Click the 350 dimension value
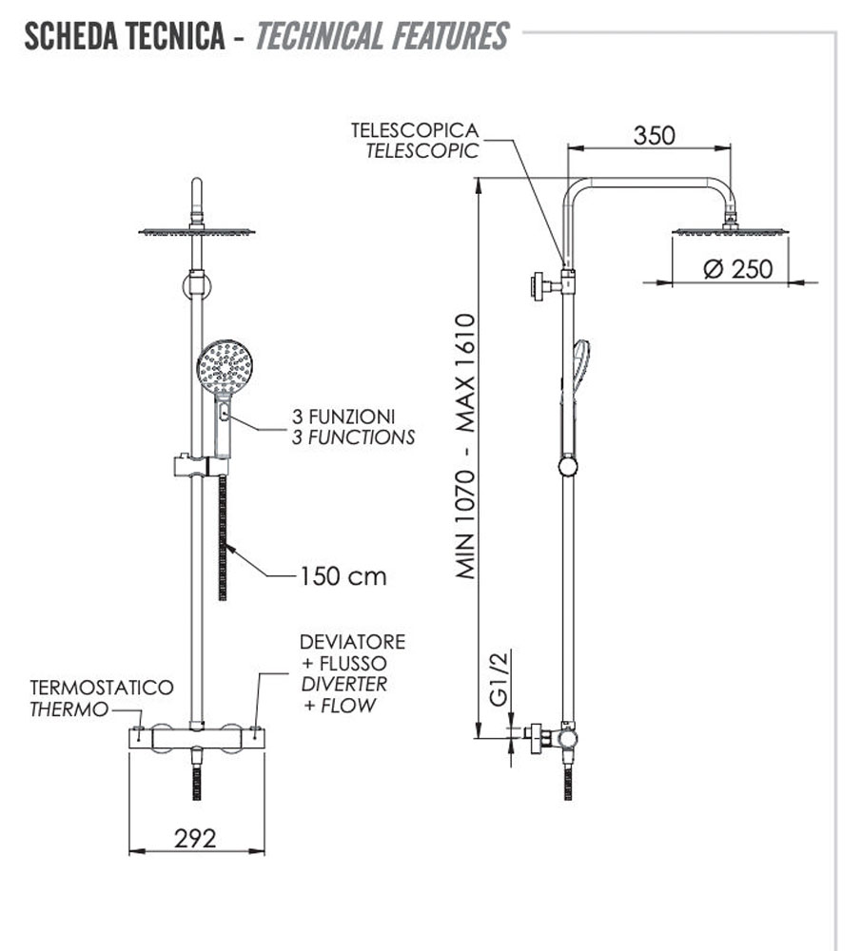(654, 135)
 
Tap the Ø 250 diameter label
(738, 269)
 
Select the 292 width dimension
(195, 838)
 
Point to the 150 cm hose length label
(343, 576)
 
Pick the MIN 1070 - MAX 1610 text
(466, 447)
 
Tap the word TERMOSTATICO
(102, 687)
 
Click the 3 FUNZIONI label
(343, 417)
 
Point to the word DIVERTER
(343, 684)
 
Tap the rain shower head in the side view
(730, 230)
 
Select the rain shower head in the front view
(197, 231)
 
